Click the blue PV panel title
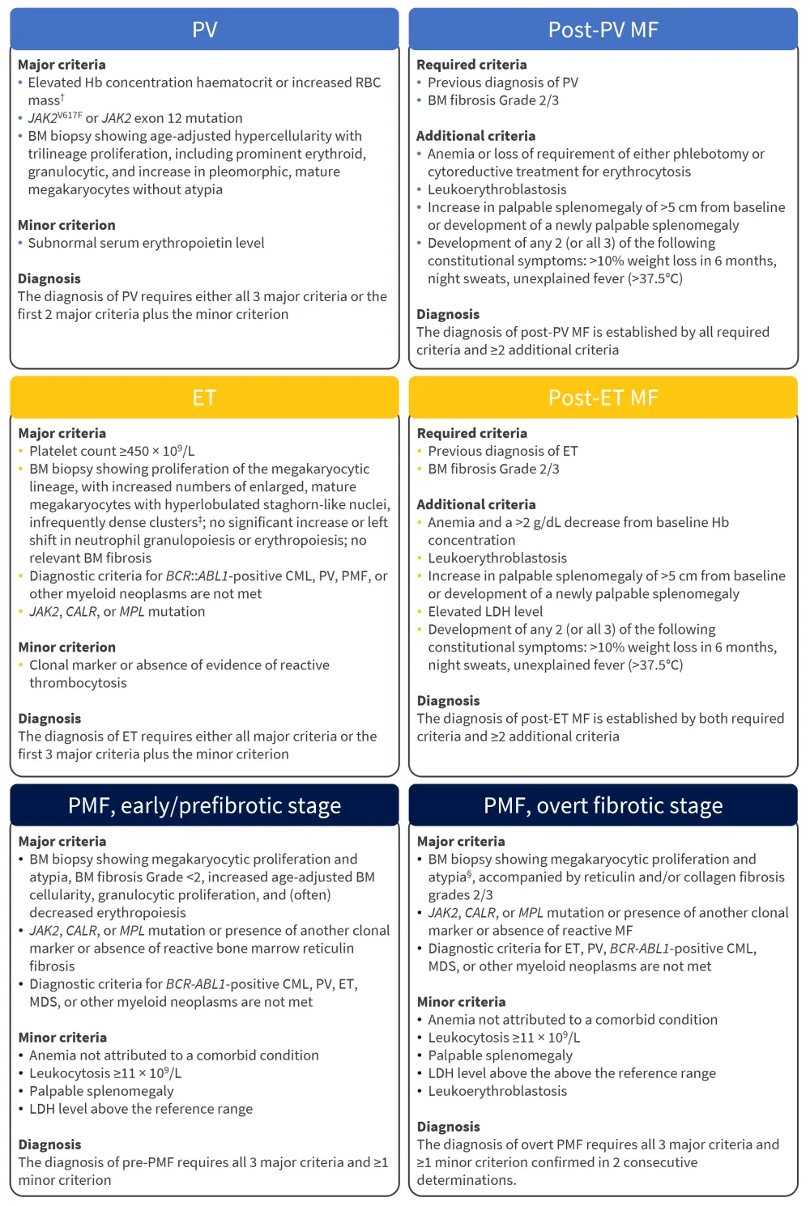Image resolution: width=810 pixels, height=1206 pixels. [204, 30]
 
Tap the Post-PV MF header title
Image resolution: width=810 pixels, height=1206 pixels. [603, 30]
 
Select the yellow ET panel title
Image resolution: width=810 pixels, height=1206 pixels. [204, 397]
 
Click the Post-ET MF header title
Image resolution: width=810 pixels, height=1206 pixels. [603, 397]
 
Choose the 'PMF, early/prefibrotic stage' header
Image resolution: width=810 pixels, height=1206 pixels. [204, 805]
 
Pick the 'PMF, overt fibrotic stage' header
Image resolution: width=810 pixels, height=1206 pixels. [603, 805]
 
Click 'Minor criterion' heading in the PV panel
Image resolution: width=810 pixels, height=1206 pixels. [66, 225]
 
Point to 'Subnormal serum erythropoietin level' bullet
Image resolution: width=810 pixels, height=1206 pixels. [146, 243]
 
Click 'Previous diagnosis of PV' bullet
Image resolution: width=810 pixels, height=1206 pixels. [502, 83]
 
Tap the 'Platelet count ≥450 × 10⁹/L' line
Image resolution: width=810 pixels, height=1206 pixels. [112, 451]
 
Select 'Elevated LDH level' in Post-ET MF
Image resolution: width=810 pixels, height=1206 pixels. [485, 611]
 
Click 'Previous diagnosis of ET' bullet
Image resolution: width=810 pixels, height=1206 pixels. [502, 451]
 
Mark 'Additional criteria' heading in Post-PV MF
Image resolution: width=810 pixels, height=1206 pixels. [475, 136]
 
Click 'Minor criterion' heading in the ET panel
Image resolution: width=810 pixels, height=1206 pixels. [66, 647]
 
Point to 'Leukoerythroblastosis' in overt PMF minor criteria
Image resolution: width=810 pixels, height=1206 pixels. [497, 1091]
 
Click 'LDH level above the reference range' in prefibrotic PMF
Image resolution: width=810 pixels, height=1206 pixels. [141, 1109]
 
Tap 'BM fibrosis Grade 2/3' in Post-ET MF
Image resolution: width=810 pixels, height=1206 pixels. [493, 469]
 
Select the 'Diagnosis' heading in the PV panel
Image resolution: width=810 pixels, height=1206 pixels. [49, 278]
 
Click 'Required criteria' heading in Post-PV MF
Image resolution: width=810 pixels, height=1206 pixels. [471, 65]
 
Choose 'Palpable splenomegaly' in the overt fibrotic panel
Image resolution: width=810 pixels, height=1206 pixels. [500, 1055]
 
